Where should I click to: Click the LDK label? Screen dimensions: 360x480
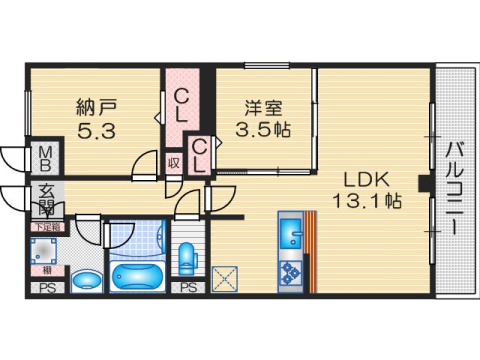pos(367,179)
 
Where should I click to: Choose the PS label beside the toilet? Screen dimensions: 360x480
pos(187,288)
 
